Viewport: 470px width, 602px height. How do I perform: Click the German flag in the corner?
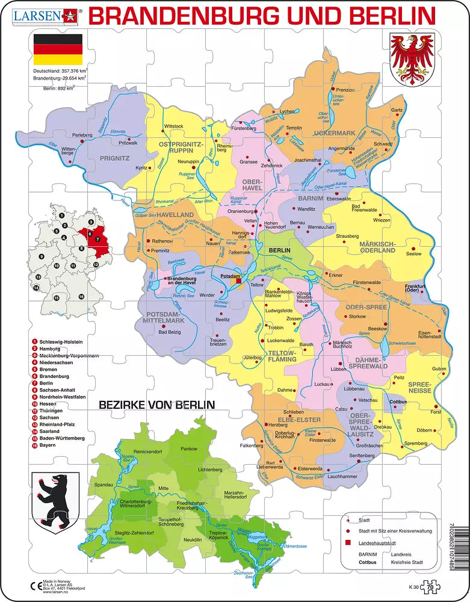(x=58, y=49)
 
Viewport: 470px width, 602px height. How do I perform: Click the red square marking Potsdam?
(x=238, y=280)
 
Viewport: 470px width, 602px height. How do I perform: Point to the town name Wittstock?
(x=173, y=126)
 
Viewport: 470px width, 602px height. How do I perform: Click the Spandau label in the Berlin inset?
(x=104, y=485)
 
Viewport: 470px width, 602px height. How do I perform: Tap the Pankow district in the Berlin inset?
(x=189, y=449)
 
